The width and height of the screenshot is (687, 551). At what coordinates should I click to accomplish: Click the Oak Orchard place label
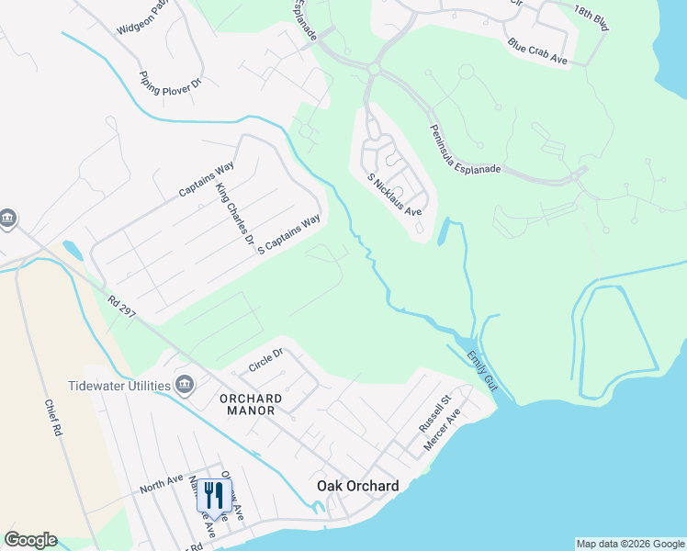click(x=357, y=486)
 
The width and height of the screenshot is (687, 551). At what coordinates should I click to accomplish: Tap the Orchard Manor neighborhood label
click(x=248, y=404)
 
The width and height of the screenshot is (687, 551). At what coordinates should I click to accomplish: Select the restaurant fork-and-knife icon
click(x=213, y=495)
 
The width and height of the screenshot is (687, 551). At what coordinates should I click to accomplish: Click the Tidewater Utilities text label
click(x=119, y=385)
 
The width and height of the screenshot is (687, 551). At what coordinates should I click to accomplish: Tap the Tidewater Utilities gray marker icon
click(x=185, y=384)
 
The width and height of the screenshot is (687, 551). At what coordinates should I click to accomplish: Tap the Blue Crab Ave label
click(x=537, y=53)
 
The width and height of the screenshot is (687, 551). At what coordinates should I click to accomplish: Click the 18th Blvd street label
click(x=591, y=18)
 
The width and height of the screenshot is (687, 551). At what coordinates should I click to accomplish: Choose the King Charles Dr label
click(x=234, y=217)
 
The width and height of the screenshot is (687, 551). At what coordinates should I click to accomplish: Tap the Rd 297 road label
click(x=121, y=307)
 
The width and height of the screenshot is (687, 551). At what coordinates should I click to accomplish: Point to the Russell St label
click(x=432, y=413)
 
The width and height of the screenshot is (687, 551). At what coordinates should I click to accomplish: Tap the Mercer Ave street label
click(x=441, y=431)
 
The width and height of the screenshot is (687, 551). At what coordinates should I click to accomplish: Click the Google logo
click(x=30, y=540)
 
